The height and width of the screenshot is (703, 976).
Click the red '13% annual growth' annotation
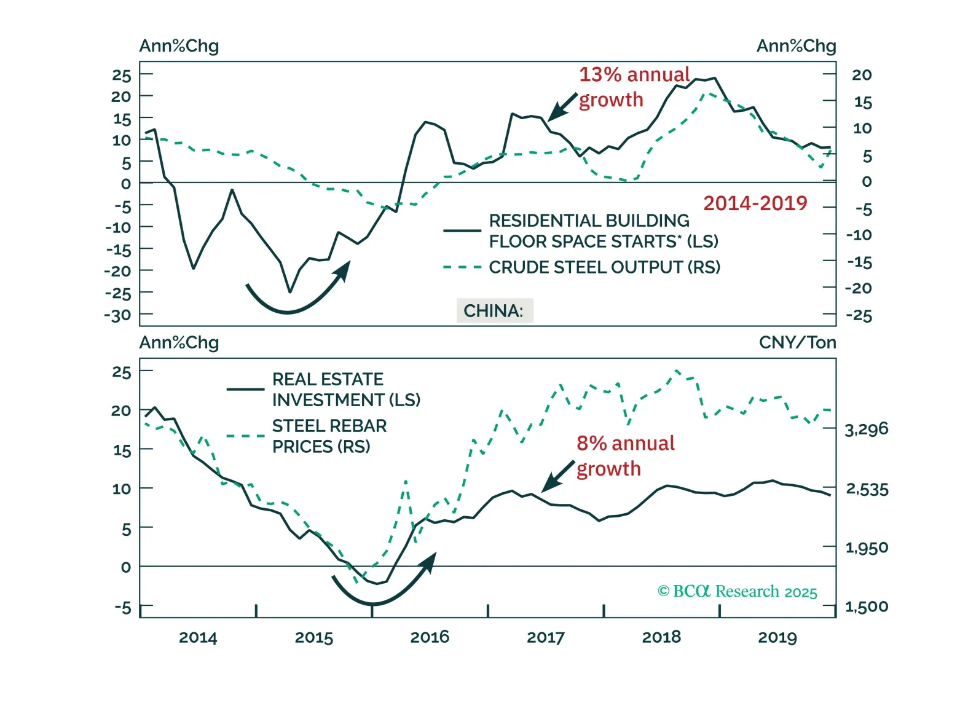[x=634, y=87]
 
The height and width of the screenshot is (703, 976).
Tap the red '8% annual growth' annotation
[x=624, y=455]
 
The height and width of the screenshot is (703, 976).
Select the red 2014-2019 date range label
[x=755, y=203]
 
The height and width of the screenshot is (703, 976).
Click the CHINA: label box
[x=494, y=311]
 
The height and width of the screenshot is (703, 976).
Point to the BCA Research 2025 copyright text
[x=737, y=591]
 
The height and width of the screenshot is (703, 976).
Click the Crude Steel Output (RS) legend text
[x=604, y=267]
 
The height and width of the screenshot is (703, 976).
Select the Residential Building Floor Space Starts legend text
[x=603, y=231]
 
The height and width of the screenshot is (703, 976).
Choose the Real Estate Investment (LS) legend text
[x=346, y=390]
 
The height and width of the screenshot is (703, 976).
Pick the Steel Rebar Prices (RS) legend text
[x=329, y=436]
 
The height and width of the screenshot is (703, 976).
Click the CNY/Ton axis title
[x=797, y=343]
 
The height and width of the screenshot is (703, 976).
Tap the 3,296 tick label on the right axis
[x=866, y=429]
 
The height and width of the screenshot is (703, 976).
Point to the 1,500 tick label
[x=866, y=607]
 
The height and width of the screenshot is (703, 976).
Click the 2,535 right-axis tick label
[x=867, y=489]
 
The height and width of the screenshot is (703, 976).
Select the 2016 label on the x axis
[x=430, y=637]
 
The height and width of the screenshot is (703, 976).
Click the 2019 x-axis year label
[x=777, y=637]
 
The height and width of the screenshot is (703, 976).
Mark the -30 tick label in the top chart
[x=117, y=316]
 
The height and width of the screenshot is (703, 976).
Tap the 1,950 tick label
[x=866, y=548]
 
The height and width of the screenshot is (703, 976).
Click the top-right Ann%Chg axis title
[x=796, y=46]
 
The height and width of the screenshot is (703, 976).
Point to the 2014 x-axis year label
[x=198, y=637]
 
